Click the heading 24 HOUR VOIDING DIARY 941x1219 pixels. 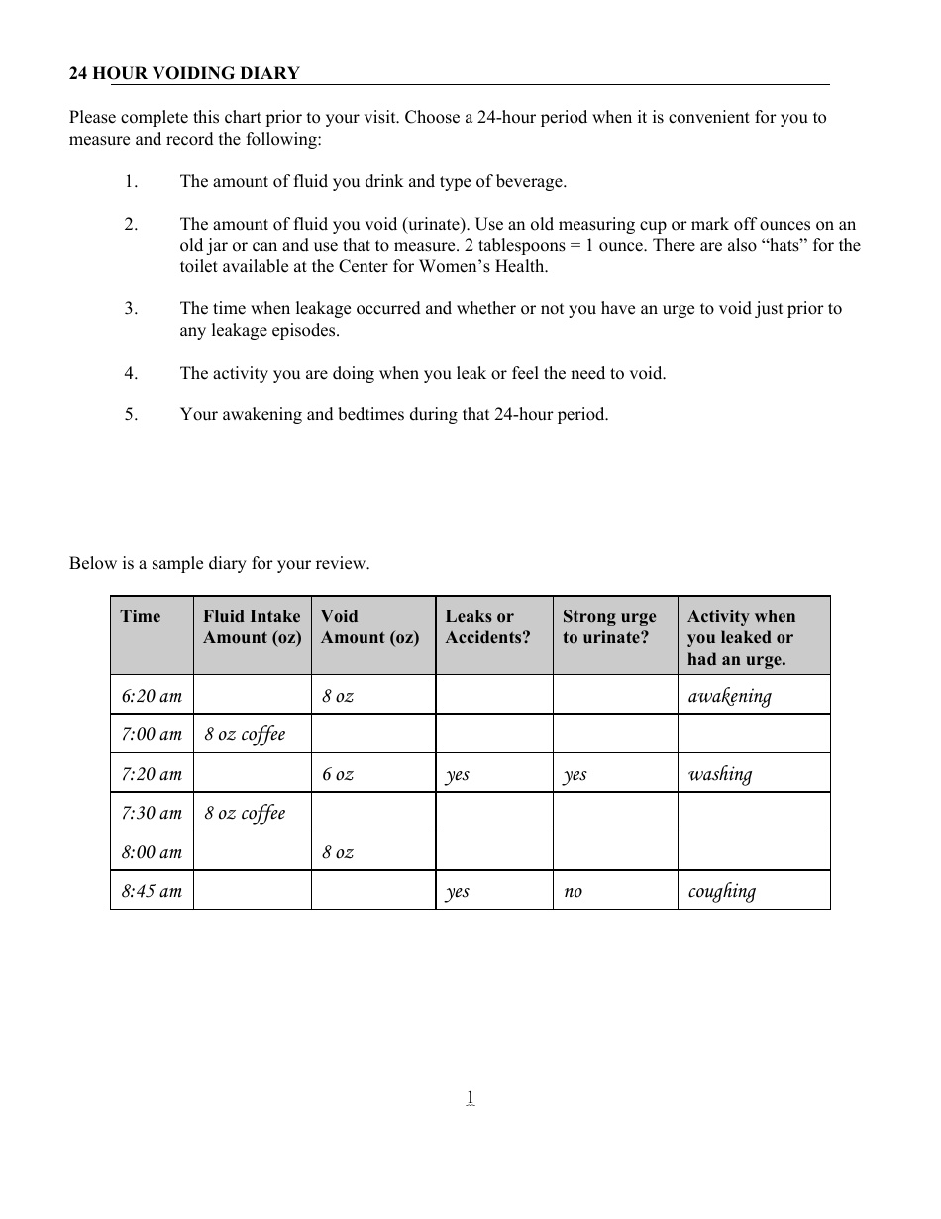184,73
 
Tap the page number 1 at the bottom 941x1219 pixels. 470,1096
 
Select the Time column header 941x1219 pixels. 140,616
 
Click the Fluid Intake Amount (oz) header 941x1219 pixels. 252,627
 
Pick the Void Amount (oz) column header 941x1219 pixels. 369,627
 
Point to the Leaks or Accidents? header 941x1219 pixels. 487,627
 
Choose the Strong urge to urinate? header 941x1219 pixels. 609,627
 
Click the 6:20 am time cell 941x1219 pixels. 152,696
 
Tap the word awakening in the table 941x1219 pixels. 729,696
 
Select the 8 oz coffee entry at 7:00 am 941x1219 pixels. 245,734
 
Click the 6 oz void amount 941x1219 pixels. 337,774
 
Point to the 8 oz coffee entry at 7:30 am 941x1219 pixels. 245,813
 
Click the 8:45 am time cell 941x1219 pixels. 152,891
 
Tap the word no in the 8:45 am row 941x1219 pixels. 573,891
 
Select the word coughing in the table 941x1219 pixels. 721,891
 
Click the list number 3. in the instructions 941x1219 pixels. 131,308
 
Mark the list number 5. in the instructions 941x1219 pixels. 131,414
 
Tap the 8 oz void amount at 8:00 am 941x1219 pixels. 337,852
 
